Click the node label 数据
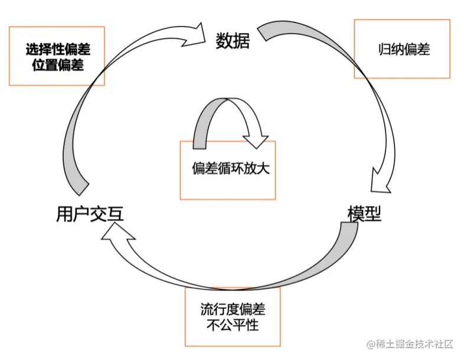click(233, 40)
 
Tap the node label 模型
click(364, 214)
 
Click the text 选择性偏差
click(58, 50)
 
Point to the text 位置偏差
click(58, 65)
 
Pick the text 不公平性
click(233, 325)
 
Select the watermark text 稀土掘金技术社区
click(414, 343)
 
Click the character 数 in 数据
click(224, 40)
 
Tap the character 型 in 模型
click(373, 214)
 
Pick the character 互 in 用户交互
click(115, 214)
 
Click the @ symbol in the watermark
click(371, 343)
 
